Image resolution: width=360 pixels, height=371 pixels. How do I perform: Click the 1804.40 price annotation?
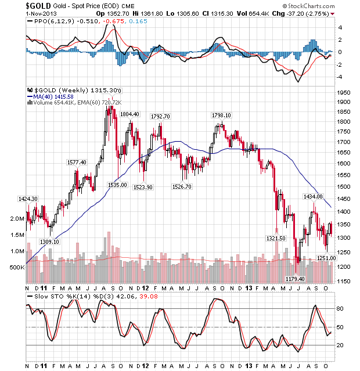(129, 114)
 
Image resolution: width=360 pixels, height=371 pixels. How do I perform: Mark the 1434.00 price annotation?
(313, 197)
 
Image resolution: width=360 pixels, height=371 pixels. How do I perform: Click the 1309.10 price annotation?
(49, 242)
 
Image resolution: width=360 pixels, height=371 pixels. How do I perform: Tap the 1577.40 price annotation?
(76, 163)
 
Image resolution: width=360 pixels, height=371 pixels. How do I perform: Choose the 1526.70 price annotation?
(183, 186)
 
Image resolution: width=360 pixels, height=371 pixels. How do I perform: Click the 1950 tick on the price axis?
(345, 92)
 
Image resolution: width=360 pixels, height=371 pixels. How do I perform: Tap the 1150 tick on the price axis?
(345, 281)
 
